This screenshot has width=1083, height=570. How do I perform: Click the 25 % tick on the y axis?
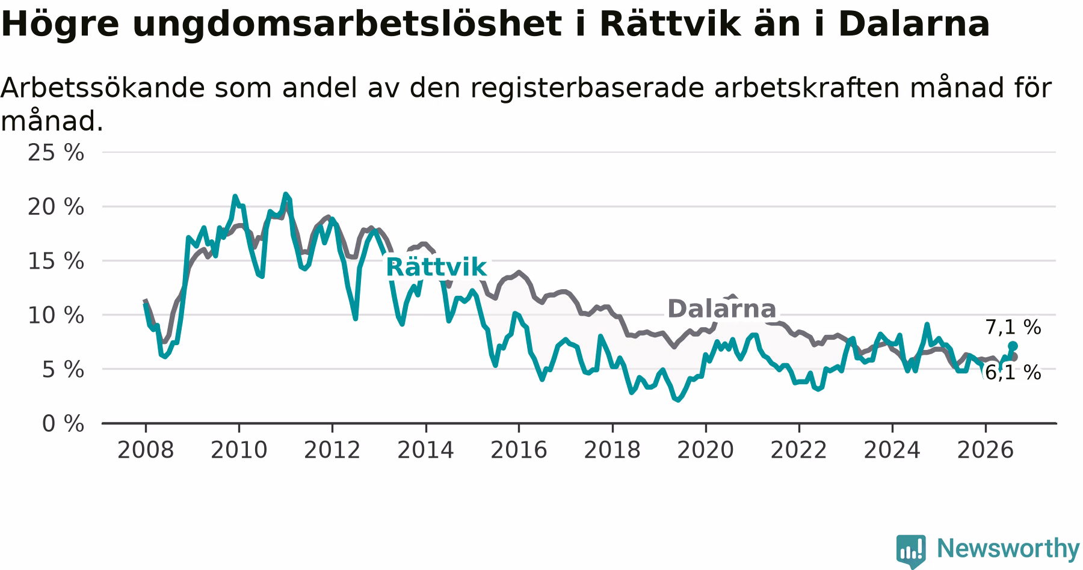pyautogui.click(x=56, y=153)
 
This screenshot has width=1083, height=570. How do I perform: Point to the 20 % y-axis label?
pyautogui.click(x=56, y=207)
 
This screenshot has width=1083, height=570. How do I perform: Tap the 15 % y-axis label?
pyautogui.click(x=56, y=261)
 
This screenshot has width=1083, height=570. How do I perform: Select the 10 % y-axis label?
pyautogui.click(x=56, y=315)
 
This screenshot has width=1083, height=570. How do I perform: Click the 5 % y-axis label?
pyautogui.click(x=63, y=369)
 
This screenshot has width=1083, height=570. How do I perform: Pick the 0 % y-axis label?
pyautogui.click(x=63, y=424)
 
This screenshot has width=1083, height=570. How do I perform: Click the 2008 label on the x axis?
pyautogui.click(x=145, y=450)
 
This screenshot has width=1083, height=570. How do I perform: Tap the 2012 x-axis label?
pyautogui.click(x=332, y=450)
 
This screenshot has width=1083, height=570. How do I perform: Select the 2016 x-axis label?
pyautogui.click(x=519, y=450)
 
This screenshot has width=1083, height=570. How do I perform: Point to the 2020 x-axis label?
pyautogui.click(x=706, y=450)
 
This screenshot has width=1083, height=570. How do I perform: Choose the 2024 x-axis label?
pyautogui.click(x=892, y=450)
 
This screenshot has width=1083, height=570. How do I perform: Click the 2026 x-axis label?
pyautogui.click(x=986, y=450)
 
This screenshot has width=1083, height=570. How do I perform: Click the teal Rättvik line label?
pyautogui.click(x=436, y=267)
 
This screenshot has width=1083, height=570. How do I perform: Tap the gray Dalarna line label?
pyautogui.click(x=722, y=309)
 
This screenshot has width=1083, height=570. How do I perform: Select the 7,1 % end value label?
pyautogui.click(x=1013, y=328)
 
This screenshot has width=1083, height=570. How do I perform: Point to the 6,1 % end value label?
pyautogui.click(x=1013, y=373)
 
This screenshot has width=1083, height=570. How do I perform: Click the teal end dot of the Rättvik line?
pyautogui.click(x=1013, y=346)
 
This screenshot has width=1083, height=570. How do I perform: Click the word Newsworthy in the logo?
pyautogui.click(x=1008, y=548)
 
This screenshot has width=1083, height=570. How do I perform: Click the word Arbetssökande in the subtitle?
pyautogui.click(x=102, y=89)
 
